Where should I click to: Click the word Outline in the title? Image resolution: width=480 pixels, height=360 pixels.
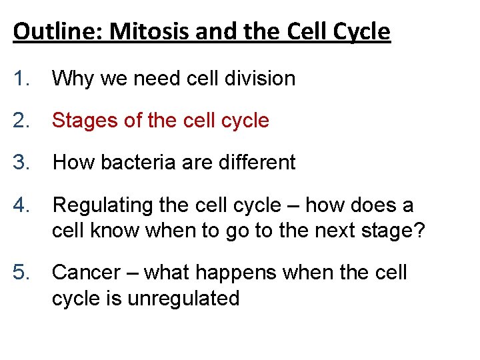pos(49,31)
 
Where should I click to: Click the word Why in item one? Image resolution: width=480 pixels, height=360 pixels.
pos(71,79)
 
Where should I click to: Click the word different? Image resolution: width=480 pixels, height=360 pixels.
pos(257,163)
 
